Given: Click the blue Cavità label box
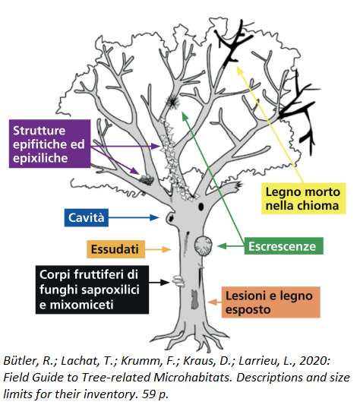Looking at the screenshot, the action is pos(87,217).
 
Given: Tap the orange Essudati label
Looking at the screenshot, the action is pos(115,249).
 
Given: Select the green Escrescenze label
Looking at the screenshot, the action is pos(283,246).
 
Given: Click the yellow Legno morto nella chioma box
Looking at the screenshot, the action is pos(304,198).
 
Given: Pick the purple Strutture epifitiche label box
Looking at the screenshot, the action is pos(49,144).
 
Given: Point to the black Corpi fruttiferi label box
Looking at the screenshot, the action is pos(92,290).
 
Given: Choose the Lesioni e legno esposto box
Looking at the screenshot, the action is pos(270,302).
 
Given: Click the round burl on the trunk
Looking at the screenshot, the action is pos(204,245).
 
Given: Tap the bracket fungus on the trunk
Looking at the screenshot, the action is pos(178,282).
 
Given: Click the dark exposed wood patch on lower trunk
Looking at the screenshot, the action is pos(194,299).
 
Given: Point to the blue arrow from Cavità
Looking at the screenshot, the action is pos(134,217).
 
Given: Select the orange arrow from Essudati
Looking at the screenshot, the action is pos(158,249).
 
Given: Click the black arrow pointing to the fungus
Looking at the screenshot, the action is pos(159,283).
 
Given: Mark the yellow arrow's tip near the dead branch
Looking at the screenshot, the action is pos(237,66).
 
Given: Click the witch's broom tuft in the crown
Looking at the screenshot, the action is pos(172,101).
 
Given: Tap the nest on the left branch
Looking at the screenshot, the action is pos(147,179).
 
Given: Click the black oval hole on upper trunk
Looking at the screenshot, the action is pos(201,207).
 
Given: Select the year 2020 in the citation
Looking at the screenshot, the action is pos(314,361).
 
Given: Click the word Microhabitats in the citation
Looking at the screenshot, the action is pos(194,378).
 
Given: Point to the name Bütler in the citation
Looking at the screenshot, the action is pos(21,361).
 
